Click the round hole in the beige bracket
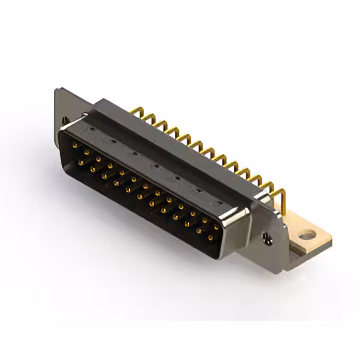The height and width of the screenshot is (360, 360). click(308, 235)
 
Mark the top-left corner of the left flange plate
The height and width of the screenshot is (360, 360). click(56, 90)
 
